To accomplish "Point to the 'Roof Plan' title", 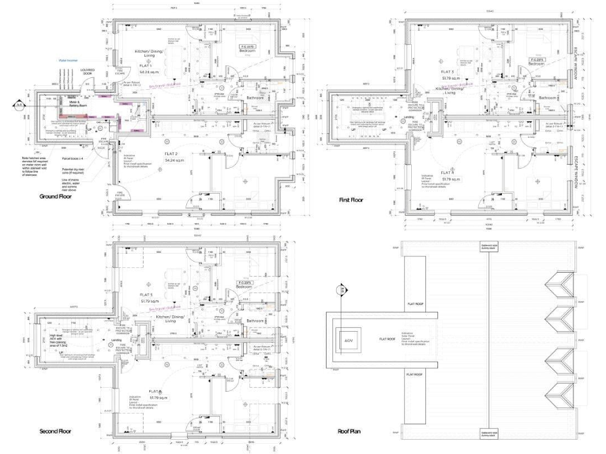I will click(x=349, y=432).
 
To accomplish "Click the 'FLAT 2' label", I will click(x=170, y=151).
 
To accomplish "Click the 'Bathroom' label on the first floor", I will click(x=548, y=98).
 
